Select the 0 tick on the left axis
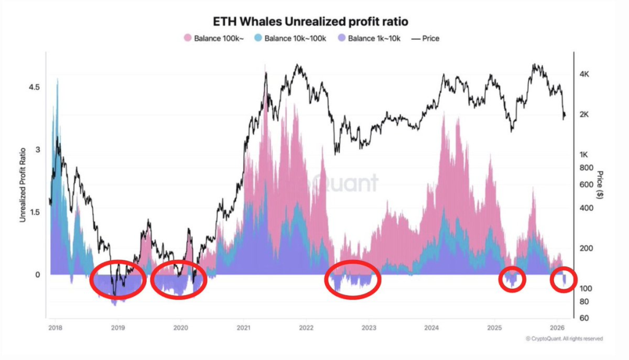click(x=36, y=275)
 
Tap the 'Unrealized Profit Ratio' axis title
click(x=23, y=184)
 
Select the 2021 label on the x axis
click(x=243, y=327)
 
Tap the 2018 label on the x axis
click(x=54, y=327)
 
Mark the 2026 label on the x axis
click(x=557, y=327)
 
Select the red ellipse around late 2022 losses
click(x=353, y=280)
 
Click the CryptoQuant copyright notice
click(x=564, y=338)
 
